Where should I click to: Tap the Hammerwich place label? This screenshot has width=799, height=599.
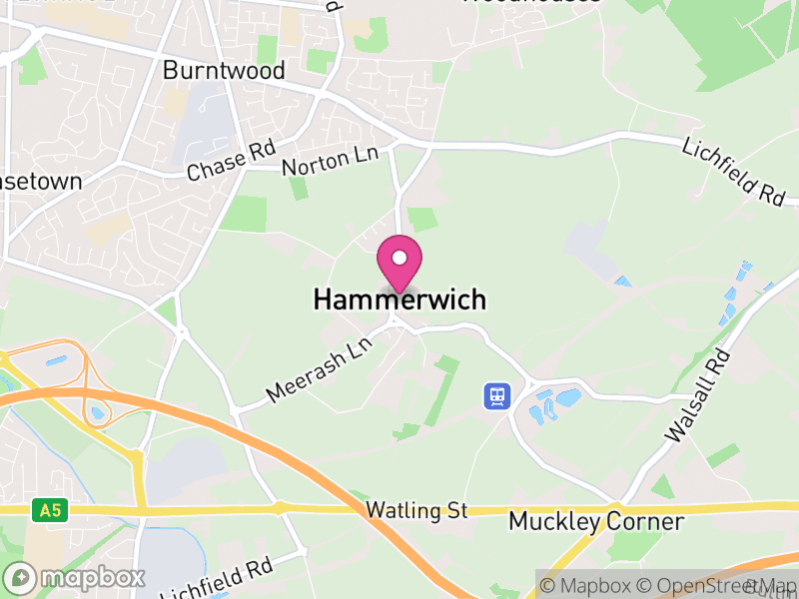(399, 299)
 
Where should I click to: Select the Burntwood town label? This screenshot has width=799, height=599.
(224, 71)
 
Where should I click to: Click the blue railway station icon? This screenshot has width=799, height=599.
(496, 396)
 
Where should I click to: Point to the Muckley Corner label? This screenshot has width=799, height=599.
(596, 521)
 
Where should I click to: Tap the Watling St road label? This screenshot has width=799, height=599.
(416, 511)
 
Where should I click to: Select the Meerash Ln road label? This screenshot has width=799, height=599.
(318, 369)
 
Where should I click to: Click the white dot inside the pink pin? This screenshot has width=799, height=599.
(399, 258)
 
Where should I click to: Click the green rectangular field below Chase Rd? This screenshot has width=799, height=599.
(245, 214)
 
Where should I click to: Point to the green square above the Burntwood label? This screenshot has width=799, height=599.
(267, 48)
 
